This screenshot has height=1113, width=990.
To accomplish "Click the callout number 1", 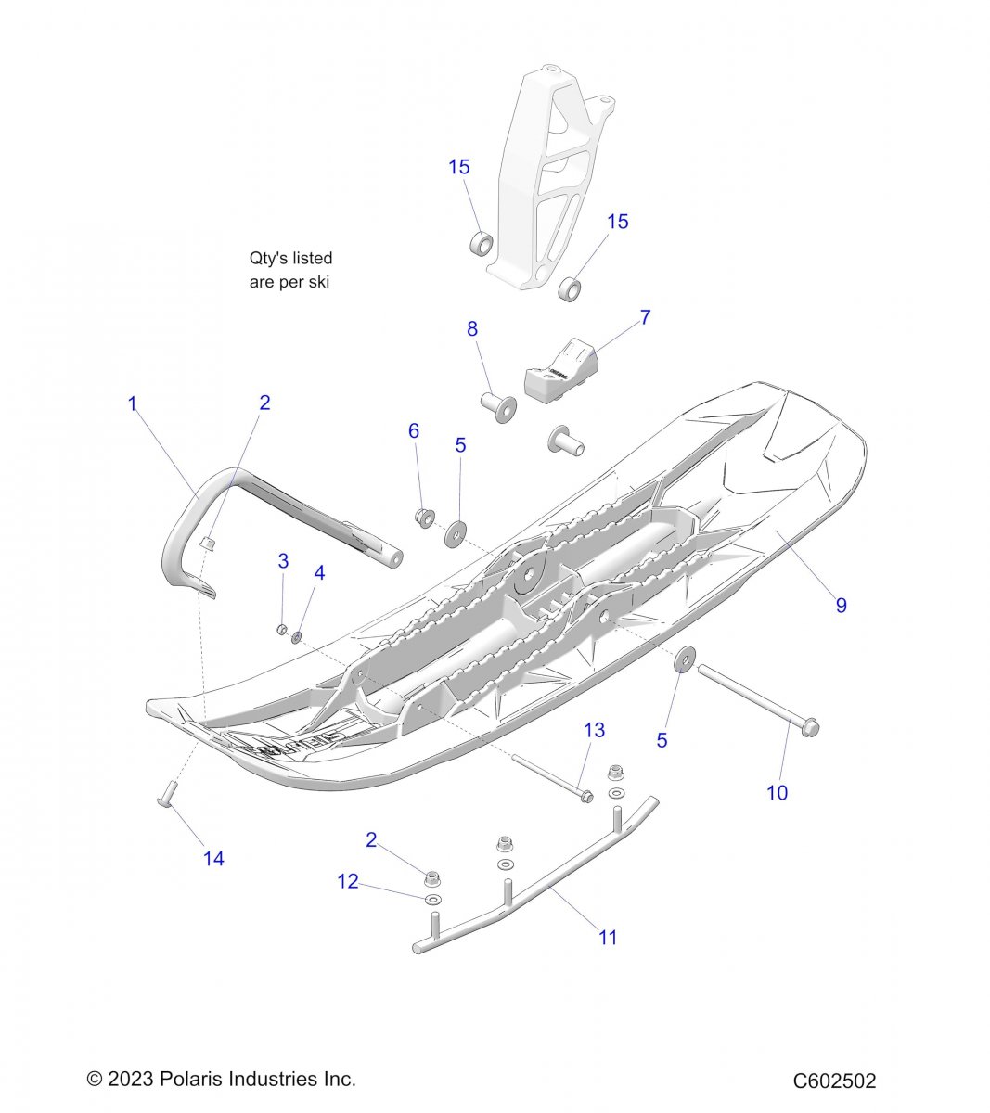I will [x=133, y=403].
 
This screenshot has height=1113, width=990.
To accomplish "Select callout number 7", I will [x=645, y=317].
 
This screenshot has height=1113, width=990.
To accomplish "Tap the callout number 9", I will [x=841, y=605].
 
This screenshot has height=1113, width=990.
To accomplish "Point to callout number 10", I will [x=777, y=792].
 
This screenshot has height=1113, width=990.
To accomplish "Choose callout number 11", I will [x=607, y=937].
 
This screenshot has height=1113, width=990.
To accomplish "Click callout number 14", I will [x=213, y=858].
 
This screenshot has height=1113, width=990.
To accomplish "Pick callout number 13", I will [x=594, y=730].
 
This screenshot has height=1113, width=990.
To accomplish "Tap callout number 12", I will [x=348, y=881].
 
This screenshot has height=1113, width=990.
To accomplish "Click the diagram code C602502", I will [x=834, y=1081].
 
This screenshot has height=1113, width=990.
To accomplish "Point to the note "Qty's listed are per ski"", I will [x=290, y=270].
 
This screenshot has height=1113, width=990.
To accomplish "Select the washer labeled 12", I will [x=432, y=901].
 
